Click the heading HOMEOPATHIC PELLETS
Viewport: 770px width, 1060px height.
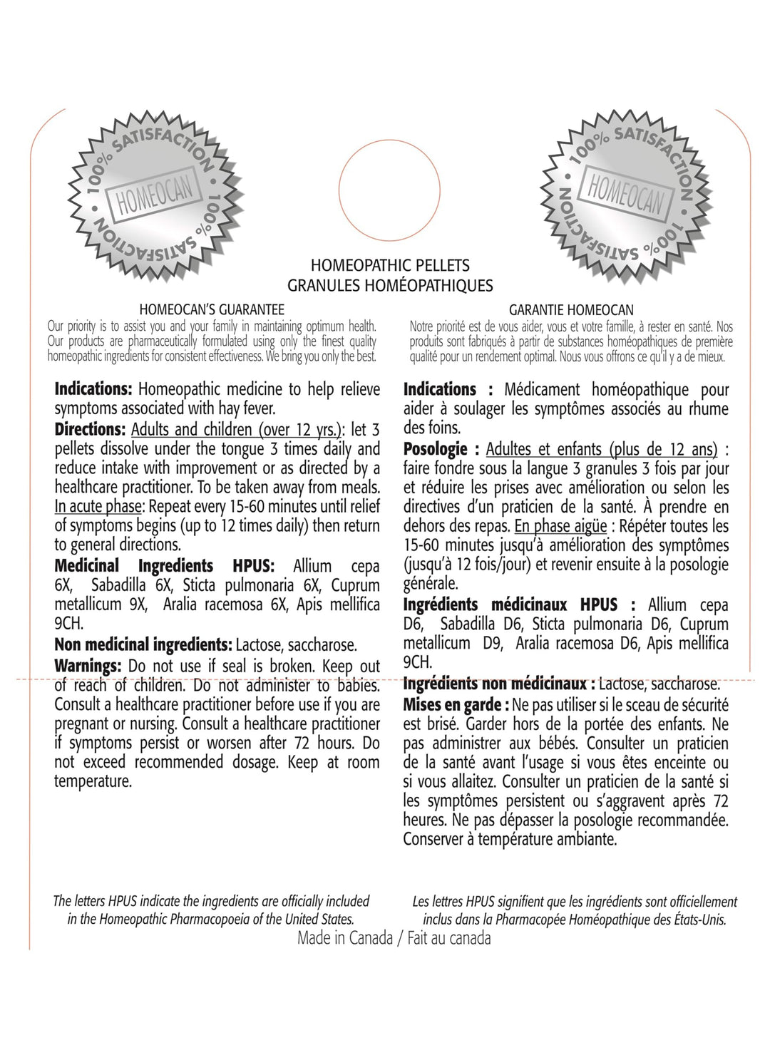tap(390, 266)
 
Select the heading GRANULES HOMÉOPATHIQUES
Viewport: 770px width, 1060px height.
tap(390, 285)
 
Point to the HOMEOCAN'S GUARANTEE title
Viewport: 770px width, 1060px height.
tap(212, 309)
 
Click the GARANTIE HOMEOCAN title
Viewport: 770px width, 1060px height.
tap(571, 310)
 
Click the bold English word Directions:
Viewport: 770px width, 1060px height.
tap(90, 430)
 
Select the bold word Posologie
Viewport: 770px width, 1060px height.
tap(435, 450)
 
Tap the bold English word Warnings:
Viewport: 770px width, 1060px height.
tap(89, 666)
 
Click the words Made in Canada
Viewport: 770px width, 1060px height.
tap(344, 938)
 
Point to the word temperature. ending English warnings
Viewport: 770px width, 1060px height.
tap(93, 781)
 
